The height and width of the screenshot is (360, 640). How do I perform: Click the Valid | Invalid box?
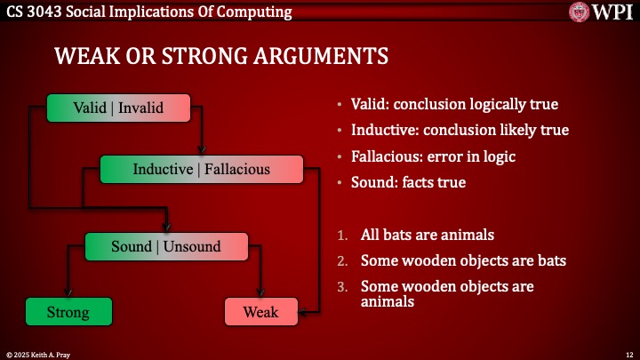coord(118,108)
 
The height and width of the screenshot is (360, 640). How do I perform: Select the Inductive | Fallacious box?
coord(202,169)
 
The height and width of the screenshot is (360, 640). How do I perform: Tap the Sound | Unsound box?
coord(165,246)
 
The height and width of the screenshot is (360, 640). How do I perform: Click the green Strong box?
coord(68,312)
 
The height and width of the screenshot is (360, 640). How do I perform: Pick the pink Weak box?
coord(260,312)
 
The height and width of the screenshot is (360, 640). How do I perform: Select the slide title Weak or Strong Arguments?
coord(221,56)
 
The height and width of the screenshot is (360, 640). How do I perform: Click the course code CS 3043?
coord(33,12)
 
